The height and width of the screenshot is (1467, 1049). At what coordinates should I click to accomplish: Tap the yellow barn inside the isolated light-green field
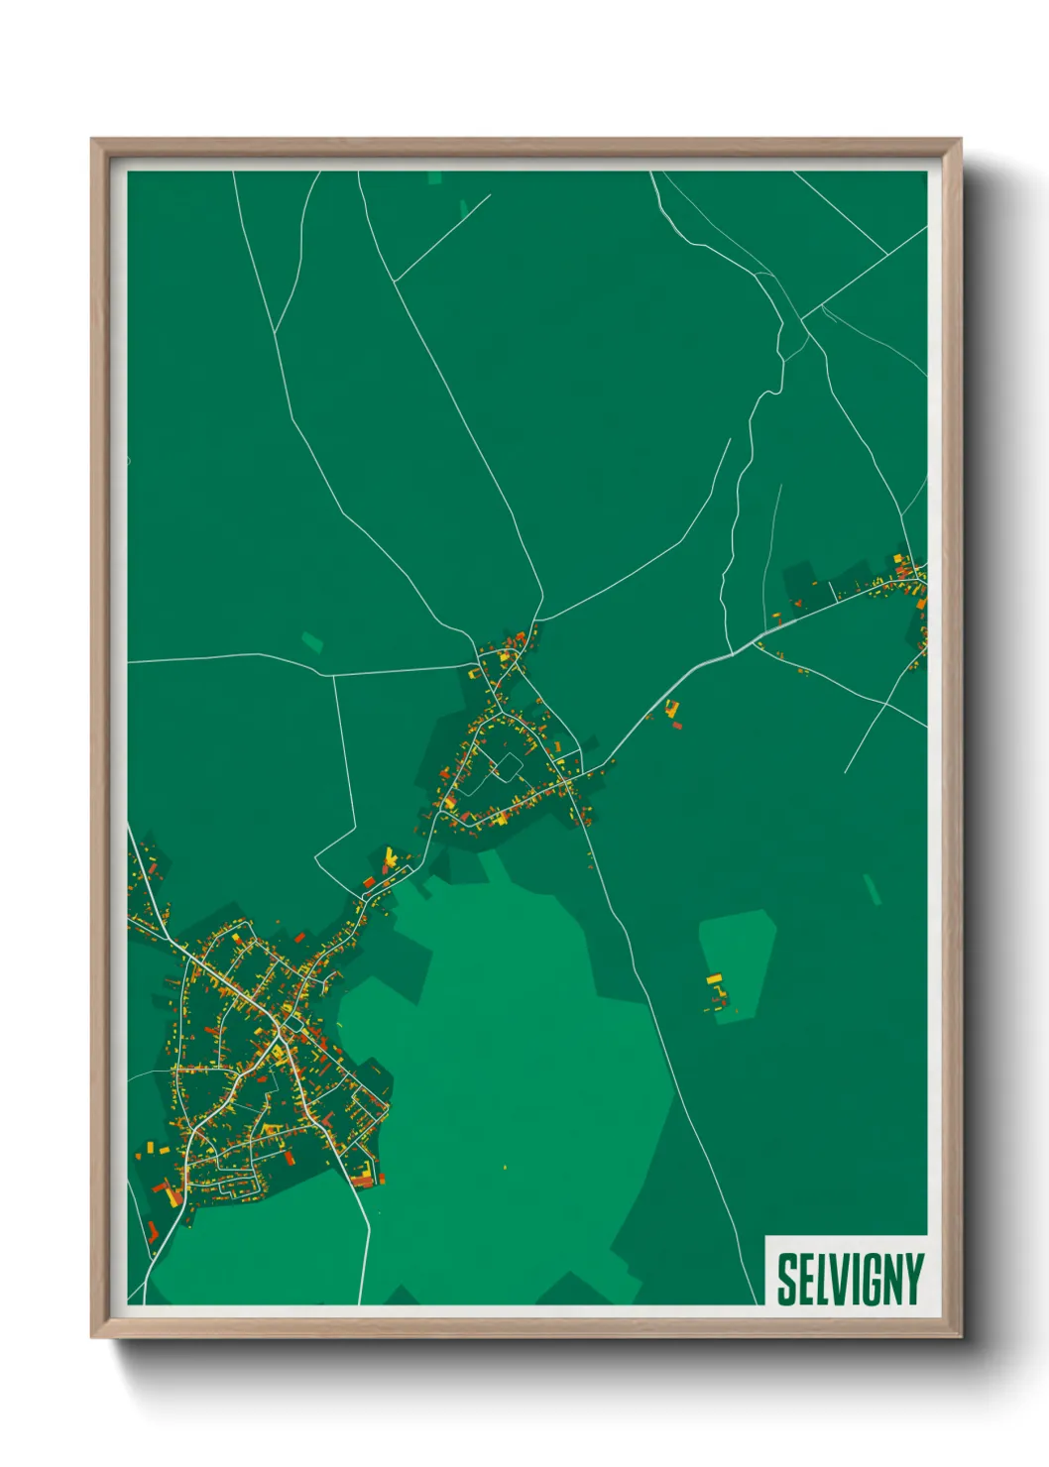(x=714, y=979)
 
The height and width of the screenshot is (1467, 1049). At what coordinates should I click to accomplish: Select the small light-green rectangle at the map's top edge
(x=435, y=178)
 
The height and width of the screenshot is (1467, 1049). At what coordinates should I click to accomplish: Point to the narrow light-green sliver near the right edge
(x=872, y=889)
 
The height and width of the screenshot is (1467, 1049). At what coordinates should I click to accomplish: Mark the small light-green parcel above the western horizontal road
(x=312, y=641)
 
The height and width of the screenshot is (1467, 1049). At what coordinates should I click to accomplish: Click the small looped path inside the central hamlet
(x=504, y=766)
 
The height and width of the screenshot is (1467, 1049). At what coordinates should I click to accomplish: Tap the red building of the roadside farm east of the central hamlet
(x=678, y=725)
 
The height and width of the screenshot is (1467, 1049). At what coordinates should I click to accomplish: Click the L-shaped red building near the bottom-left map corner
(x=152, y=1231)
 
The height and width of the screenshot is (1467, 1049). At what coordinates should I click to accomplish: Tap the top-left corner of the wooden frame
(x=92, y=140)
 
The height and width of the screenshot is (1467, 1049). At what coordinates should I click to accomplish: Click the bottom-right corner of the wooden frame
(x=960, y=1337)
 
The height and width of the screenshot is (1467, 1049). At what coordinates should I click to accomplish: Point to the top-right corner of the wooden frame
(x=960, y=140)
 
